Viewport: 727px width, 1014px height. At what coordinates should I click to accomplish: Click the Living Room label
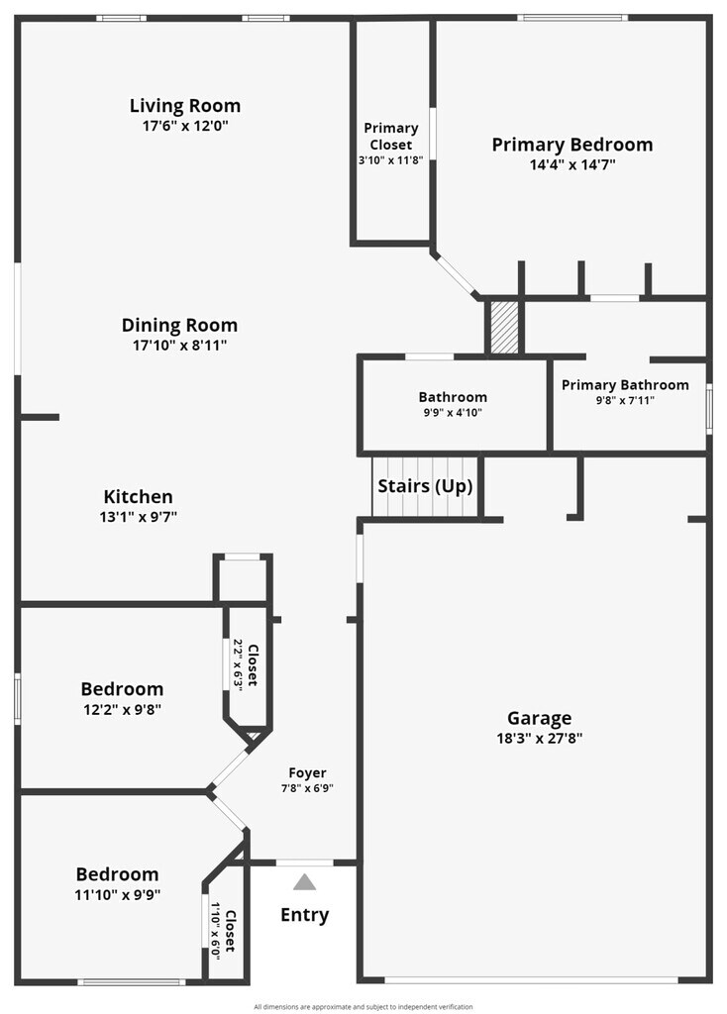(x=185, y=106)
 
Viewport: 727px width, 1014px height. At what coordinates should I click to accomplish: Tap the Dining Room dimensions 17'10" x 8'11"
(x=179, y=346)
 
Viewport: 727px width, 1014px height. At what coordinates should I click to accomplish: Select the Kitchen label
(x=139, y=497)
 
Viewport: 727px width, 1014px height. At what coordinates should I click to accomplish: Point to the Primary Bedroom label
(x=572, y=145)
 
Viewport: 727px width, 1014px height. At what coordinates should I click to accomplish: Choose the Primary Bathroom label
(x=625, y=385)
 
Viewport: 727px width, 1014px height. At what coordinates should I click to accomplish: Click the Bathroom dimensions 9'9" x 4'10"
(x=452, y=413)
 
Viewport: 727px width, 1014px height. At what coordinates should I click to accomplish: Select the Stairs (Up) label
(x=425, y=486)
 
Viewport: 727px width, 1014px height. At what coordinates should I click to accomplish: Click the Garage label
(x=540, y=719)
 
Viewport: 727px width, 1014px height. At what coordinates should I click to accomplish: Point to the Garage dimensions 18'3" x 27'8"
(x=540, y=738)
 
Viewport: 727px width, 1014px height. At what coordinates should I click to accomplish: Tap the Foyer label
(x=307, y=773)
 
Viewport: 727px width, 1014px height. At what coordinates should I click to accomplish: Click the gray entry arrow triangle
(x=304, y=881)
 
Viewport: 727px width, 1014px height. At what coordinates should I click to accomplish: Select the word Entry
(x=304, y=915)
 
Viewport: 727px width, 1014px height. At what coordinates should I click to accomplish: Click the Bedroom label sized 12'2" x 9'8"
(x=122, y=689)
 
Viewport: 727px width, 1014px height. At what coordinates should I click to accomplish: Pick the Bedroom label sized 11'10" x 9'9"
(x=117, y=874)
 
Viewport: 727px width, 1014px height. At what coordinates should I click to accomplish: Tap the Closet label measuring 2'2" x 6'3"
(x=252, y=665)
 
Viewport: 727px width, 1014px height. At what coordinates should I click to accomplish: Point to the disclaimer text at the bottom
(x=363, y=1006)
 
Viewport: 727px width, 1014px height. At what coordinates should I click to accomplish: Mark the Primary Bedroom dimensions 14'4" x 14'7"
(x=572, y=165)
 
